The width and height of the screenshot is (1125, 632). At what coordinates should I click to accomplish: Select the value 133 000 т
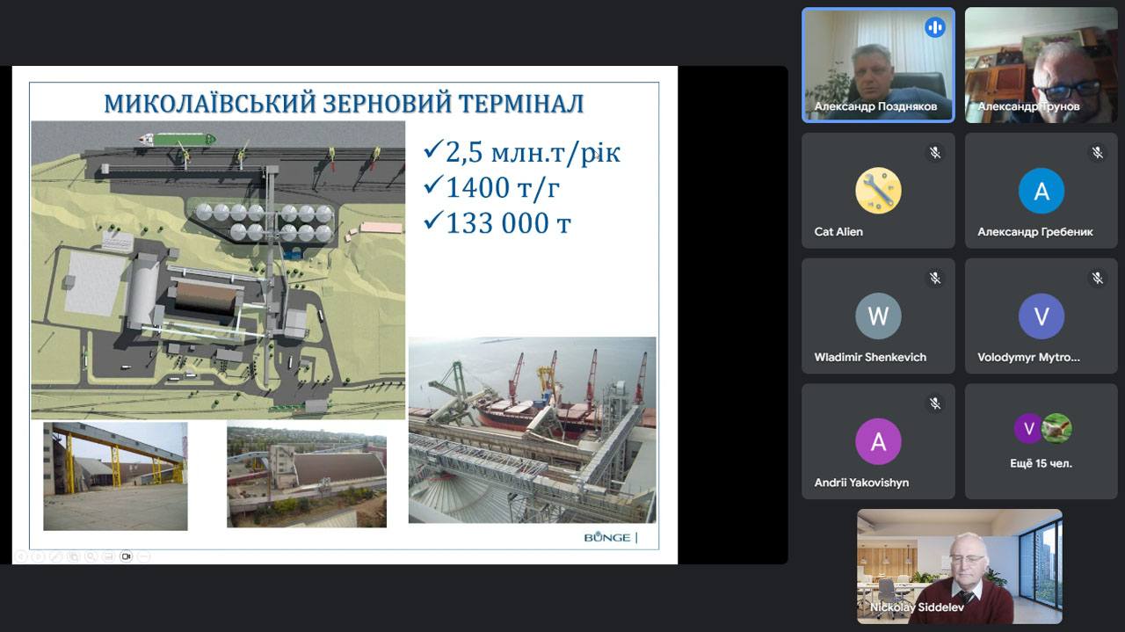pyautogui.click(x=508, y=223)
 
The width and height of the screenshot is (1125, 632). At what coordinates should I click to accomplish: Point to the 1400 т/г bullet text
pyautogui.click(x=502, y=187)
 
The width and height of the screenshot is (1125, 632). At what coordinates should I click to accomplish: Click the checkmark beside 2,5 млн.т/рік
pyautogui.click(x=433, y=149)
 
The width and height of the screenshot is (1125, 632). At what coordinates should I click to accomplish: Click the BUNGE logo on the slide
pyautogui.click(x=607, y=538)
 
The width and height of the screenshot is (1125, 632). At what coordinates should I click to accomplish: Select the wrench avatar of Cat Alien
pyautogui.click(x=878, y=191)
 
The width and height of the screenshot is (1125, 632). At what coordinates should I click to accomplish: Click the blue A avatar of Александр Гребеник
pyautogui.click(x=1042, y=191)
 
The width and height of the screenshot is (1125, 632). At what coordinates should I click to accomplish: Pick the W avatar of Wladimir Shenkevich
pyautogui.click(x=878, y=316)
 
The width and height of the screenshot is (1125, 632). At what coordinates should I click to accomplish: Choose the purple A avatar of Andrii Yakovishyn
pyautogui.click(x=878, y=441)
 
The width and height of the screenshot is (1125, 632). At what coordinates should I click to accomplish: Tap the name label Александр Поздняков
pyautogui.click(x=875, y=106)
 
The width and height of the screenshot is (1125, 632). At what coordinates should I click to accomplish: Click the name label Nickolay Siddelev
pyautogui.click(x=917, y=607)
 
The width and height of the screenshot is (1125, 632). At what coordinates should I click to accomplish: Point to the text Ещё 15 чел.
pyautogui.click(x=1042, y=463)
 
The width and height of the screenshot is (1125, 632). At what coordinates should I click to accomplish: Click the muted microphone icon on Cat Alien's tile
pyautogui.click(x=934, y=152)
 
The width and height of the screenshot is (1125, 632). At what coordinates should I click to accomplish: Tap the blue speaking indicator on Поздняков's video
pyautogui.click(x=934, y=27)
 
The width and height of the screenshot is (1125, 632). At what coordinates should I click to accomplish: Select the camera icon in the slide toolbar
pyautogui.click(x=126, y=556)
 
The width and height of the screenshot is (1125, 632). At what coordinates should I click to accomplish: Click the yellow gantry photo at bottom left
pyautogui.click(x=115, y=476)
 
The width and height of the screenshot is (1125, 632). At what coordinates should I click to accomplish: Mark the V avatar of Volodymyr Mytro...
pyautogui.click(x=1042, y=316)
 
